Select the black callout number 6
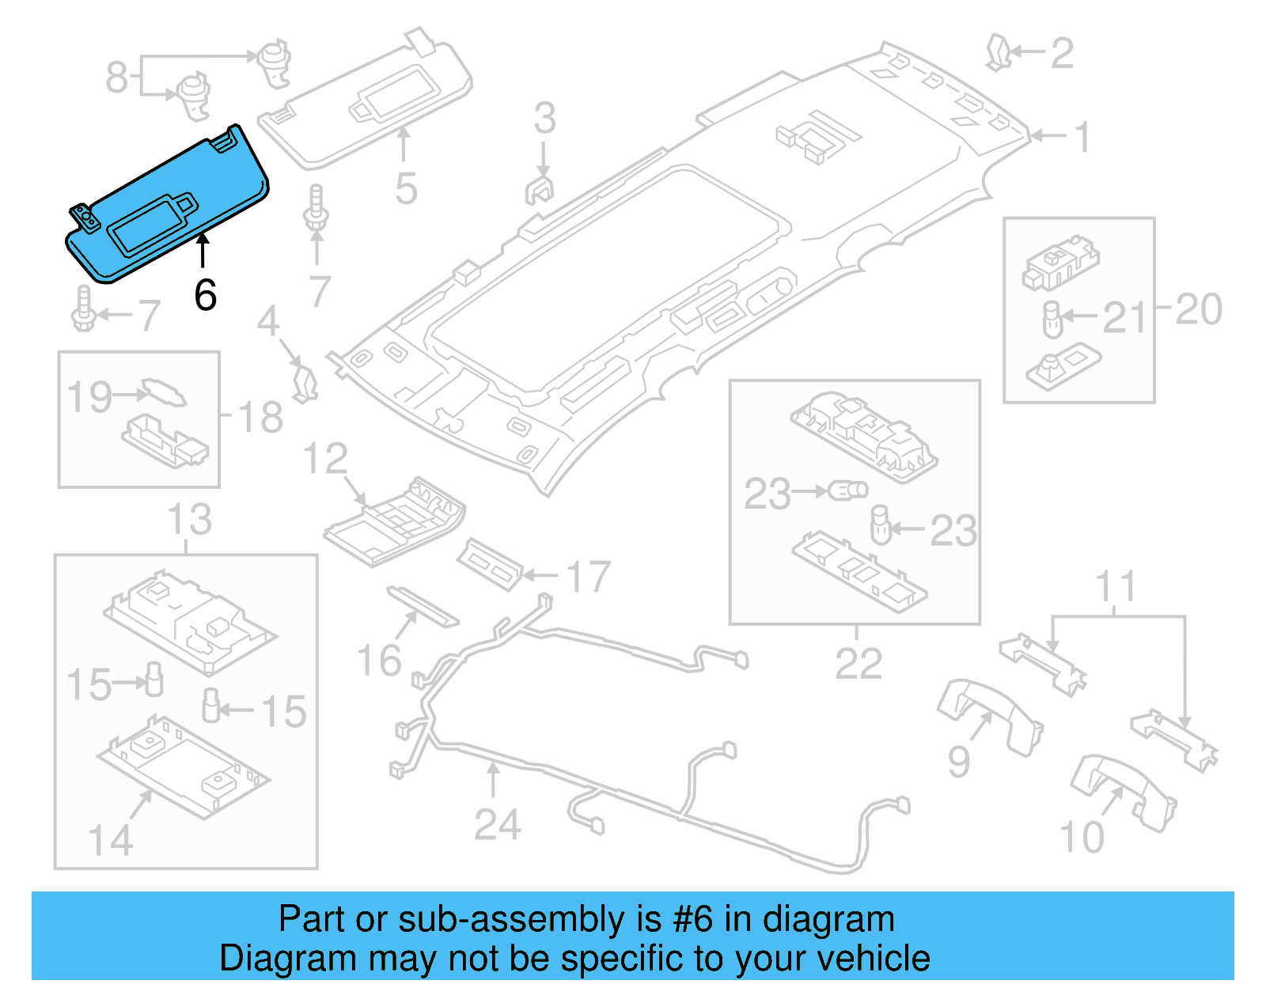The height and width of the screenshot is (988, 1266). coord(205,296)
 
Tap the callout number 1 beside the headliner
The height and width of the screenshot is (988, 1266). coord(1082,137)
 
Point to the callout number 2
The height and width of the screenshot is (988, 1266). coord(1061,54)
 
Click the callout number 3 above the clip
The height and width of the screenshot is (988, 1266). coord(544,119)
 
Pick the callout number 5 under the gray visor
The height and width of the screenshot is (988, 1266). coord(406,189)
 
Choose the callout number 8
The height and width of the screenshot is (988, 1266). coord(116,78)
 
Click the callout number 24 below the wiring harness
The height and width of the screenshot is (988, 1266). coord(497,825)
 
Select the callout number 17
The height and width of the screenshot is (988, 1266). coord(589,577)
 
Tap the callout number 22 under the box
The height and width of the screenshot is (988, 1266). coord(859,664)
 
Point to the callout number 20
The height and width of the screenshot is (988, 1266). coord(1198,309)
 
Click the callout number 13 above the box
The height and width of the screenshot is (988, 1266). coord(189,520)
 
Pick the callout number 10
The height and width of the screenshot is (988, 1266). coord(1082,837)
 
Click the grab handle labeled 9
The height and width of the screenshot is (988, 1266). coord(989,716)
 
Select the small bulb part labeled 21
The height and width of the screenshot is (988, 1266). coord(1052,320)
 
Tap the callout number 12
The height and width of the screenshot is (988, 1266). coord(325,460)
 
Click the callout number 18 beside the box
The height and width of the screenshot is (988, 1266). coord(260,418)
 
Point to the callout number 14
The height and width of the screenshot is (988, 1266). coord(111,840)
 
